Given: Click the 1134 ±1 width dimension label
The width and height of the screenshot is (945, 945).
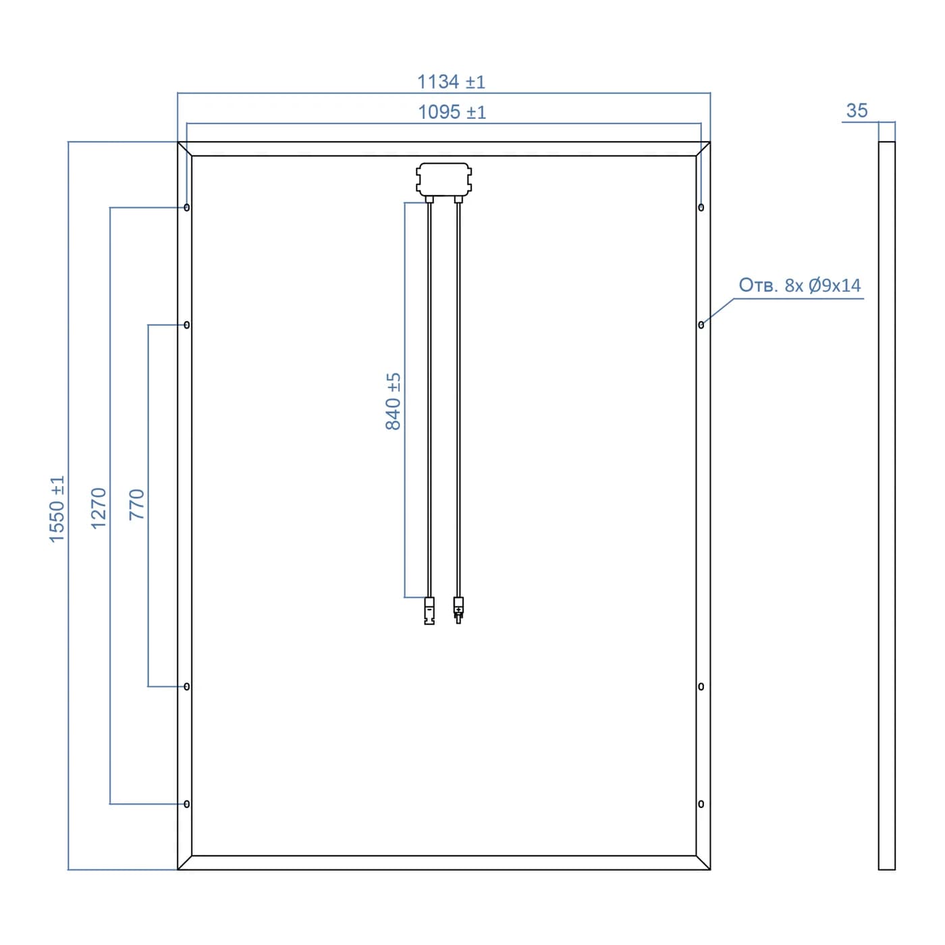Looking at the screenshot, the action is (x=451, y=82).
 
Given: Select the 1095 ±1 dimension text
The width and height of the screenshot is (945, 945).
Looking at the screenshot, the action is (x=452, y=112).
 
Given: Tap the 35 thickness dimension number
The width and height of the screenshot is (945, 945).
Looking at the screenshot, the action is (x=857, y=110).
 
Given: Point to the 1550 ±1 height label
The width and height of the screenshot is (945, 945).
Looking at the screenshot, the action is (x=57, y=508).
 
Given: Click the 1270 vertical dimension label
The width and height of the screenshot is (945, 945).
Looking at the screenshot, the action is (x=99, y=508).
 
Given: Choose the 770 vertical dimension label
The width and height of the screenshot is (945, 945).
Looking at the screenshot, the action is (x=137, y=505).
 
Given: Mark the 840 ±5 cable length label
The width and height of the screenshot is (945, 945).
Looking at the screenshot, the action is (x=393, y=402).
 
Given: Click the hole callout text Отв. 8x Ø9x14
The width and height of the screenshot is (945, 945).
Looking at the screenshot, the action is (x=799, y=285).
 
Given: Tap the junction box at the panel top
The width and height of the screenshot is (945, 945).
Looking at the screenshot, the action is (x=443, y=180).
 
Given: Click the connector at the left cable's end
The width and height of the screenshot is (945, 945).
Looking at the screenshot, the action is (x=429, y=611).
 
